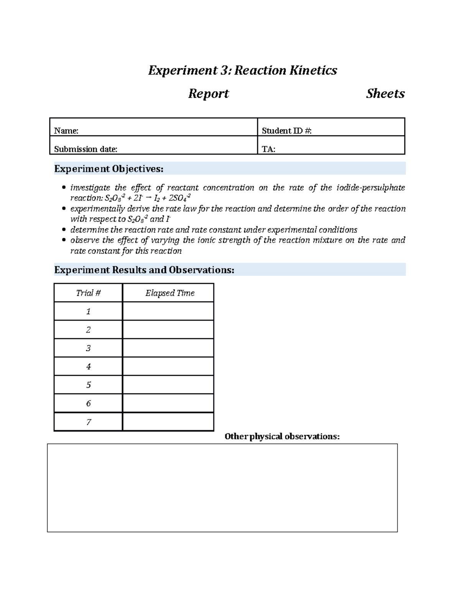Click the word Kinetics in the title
pos(313,70)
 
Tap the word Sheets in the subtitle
pos(385,94)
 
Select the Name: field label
pos(66,131)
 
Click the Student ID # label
pos(286,131)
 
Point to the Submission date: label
pos(85,149)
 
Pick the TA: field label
pos(268,149)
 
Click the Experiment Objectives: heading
pos(108,169)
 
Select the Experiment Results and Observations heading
pos(144,270)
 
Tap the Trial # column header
pos(88,293)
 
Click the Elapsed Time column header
pos(170,293)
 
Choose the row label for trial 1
pos(88,311)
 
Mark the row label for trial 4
pos(88,367)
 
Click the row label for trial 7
pos(88,422)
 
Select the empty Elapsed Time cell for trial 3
pos(168,348)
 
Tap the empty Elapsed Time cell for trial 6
pos(168,403)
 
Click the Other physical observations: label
pos(282,436)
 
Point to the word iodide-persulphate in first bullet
pos(370,188)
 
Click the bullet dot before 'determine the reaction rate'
pos(64,230)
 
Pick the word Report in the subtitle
pos(208,94)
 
